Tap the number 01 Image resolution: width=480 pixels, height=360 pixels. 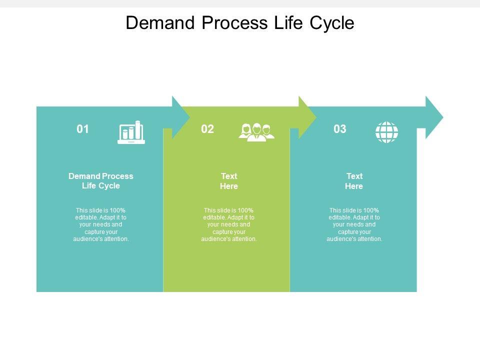coord(83,129)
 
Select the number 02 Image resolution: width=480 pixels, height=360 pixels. coord(207,129)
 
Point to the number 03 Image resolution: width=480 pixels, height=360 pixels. coord(340,129)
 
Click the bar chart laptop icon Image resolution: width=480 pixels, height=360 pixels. coord(131,132)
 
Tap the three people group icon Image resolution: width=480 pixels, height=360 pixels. coord(257,132)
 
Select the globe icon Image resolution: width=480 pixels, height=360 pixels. coord(386,132)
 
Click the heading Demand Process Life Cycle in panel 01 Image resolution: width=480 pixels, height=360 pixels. coord(101,181)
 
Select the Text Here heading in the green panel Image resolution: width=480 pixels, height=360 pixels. coord(229,181)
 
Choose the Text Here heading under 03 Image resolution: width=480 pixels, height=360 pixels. coord(354,181)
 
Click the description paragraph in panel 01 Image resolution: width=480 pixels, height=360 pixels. coord(101,224)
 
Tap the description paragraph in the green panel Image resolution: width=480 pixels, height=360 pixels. coord(229,224)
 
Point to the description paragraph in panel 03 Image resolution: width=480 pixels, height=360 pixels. coord(354,224)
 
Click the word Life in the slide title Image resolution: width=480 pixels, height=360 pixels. coord(287,23)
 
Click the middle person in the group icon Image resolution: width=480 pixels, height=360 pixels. coord(257,131)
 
